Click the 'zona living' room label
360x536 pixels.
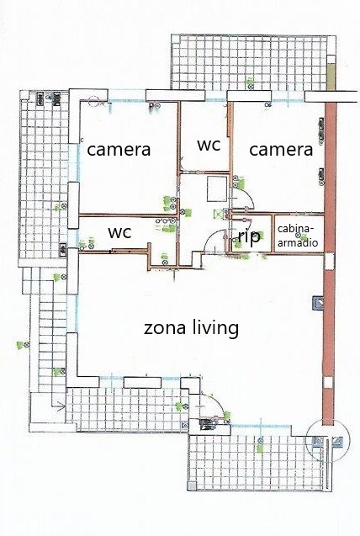coord(191,328)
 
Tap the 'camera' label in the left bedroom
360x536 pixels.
coord(119,150)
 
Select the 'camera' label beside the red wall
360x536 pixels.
coord(281,150)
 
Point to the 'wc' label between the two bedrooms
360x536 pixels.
coord(209,145)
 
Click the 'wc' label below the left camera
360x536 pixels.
coord(119,232)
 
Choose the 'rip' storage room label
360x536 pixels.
coord(249,236)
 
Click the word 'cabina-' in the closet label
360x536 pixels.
coord(295,229)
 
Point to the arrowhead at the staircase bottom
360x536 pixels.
coord(61,406)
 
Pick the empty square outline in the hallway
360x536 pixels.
coord(217,189)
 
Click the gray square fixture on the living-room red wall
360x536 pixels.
coord(318,303)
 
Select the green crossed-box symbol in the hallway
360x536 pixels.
coord(218,214)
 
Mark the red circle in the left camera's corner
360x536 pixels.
coord(93,101)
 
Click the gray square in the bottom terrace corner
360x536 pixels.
coord(193,486)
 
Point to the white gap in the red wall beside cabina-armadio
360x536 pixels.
coord(329,262)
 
